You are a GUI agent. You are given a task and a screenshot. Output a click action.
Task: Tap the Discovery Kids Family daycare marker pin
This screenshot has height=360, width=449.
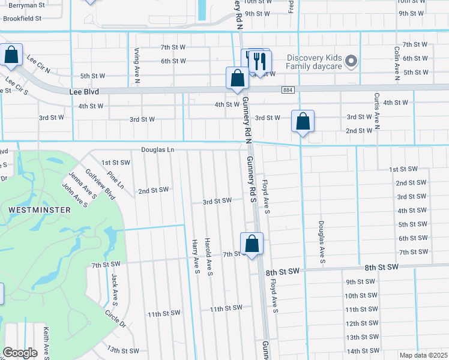352,61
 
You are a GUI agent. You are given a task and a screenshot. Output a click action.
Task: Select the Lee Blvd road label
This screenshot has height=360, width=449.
83,92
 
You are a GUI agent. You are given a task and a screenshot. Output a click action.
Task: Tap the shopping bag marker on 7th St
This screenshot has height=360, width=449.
252,244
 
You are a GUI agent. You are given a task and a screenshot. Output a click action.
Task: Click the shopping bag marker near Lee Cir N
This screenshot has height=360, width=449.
11,55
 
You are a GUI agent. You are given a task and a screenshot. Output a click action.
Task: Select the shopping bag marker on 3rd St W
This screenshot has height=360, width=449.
303,121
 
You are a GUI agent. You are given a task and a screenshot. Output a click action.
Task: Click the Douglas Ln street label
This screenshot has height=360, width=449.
158,149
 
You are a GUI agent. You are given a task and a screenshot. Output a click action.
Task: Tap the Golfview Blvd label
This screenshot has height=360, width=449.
100,184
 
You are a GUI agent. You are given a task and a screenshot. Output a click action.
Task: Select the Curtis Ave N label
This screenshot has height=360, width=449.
377,111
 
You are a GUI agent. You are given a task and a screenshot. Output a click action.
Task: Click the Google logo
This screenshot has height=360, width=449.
20,353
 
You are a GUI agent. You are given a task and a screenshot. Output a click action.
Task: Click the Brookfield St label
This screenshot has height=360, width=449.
22,19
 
